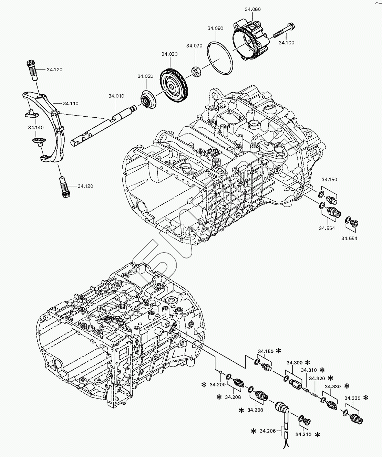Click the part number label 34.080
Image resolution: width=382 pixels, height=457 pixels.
(x=252, y=10)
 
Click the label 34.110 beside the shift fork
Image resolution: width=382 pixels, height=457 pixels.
(x=71, y=103)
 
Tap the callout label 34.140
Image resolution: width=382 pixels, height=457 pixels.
(x=36, y=128)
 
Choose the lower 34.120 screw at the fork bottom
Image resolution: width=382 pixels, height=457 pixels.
(x=64, y=188)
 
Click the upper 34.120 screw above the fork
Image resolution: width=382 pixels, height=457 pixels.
(x=31, y=71)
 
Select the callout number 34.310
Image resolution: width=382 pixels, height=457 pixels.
(x=309, y=370)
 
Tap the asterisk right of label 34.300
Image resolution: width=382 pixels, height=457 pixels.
(x=308, y=362)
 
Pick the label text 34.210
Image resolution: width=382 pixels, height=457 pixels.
(x=303, y=435)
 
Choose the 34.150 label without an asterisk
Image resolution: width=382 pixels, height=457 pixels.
(x=329, y=179)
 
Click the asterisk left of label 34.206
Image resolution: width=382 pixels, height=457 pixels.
(x=254, y=431)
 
